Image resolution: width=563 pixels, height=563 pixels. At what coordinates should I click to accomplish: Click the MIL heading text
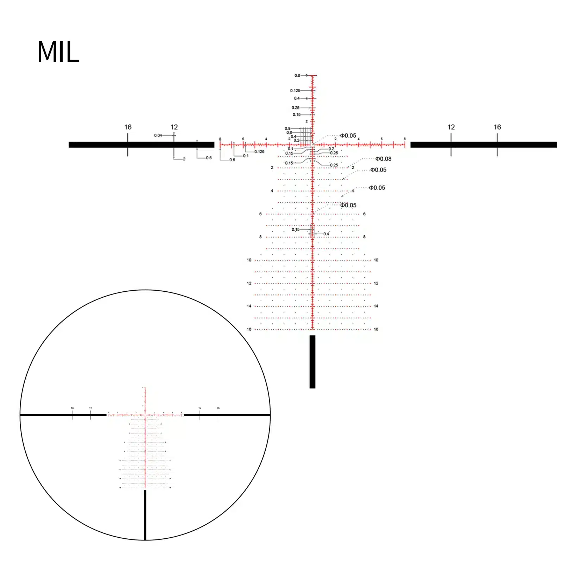58,52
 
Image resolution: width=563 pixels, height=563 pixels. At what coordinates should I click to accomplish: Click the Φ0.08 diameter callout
383,159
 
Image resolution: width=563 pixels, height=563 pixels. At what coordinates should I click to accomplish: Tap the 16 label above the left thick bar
128,127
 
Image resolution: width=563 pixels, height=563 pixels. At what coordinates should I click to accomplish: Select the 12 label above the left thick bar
174,127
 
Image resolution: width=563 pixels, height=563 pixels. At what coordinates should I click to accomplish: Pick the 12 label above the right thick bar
451,127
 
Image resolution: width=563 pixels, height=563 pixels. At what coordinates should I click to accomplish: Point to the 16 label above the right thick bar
497,127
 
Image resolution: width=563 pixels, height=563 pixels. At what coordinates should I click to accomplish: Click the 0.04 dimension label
158,135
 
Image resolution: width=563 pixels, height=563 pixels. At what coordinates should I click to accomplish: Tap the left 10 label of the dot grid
249,260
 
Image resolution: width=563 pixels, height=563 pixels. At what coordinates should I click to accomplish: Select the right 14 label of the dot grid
376,306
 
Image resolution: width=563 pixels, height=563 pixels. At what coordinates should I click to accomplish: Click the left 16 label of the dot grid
249,329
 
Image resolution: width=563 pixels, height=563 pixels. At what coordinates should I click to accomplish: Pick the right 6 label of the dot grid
364,214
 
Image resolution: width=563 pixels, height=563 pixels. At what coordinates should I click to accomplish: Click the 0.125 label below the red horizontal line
259,152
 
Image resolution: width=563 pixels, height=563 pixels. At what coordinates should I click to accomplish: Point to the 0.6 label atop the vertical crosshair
297,76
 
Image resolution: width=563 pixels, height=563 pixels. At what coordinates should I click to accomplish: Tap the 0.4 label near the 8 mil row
326,234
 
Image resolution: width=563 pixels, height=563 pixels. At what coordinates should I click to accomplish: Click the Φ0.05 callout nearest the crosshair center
348,135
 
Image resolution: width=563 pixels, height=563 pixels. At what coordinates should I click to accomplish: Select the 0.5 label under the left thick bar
209,158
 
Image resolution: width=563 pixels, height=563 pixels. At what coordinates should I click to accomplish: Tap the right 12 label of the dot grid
376,283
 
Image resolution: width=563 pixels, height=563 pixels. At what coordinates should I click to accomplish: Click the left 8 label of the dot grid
260,237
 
